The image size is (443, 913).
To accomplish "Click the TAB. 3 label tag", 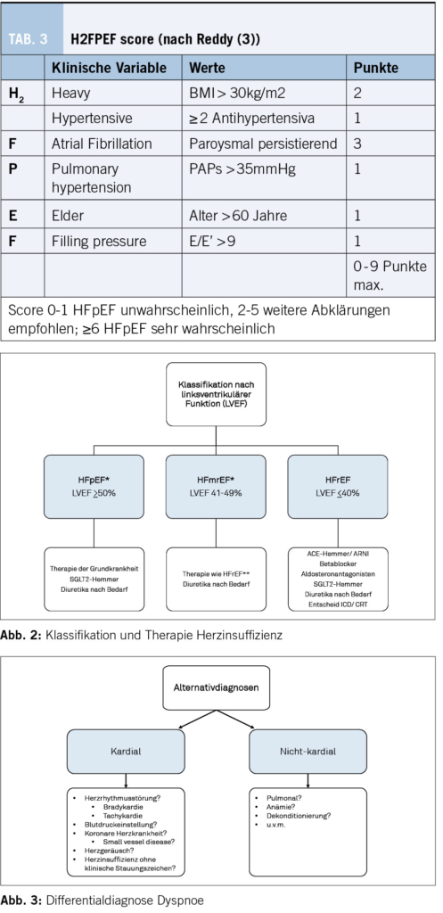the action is [32, 39].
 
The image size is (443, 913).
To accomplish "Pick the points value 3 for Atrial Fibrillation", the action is [357, 144].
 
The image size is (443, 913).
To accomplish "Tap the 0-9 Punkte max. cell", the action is [390, 276].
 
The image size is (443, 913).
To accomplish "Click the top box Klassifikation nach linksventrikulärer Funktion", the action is [216, 394].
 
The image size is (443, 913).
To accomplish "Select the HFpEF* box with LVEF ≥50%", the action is [94, 487].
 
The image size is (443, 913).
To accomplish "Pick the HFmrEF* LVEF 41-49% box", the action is [216, 487].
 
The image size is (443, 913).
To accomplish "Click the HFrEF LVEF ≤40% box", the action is [338, 487].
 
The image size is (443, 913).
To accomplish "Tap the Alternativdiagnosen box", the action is [216, 687].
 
